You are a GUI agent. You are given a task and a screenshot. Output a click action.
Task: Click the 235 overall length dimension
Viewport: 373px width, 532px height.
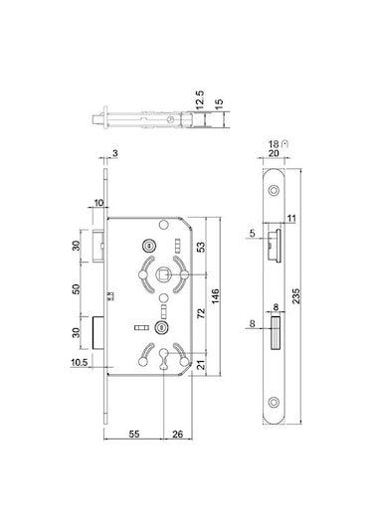(296, 296)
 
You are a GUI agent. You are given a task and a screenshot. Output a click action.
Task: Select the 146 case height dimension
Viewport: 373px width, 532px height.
(215, 296)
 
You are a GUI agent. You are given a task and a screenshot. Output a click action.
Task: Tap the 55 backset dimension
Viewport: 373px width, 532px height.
(134, 434)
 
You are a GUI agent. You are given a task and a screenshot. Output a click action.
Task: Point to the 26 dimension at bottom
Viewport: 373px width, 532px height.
(177, 434)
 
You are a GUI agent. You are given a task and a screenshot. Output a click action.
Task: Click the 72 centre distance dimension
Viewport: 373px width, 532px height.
(201, 313)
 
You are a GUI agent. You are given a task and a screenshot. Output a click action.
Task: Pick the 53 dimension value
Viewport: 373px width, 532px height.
(201, 247)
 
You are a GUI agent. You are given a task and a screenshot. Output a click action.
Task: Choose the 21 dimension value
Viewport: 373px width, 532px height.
(201, 365)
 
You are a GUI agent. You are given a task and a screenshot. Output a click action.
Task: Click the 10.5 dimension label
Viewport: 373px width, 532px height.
(80, 363)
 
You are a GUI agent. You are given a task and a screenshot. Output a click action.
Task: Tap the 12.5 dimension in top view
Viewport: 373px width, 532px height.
(200, 99)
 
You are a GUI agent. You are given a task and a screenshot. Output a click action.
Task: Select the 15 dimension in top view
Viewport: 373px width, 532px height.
(219, 102)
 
